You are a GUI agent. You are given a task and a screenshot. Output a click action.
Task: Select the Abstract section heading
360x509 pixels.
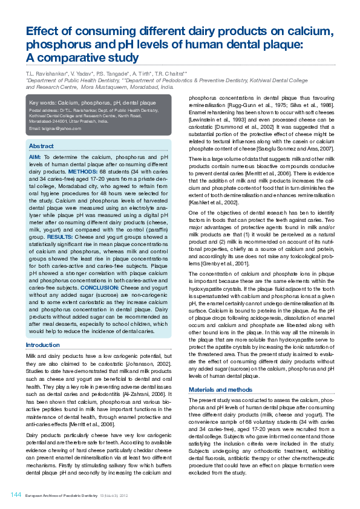tap(41, 146)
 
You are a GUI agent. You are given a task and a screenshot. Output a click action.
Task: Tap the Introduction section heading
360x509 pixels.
tap(42, 345)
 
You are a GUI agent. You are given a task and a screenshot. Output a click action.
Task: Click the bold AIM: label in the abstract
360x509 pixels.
tap(35, 157)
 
